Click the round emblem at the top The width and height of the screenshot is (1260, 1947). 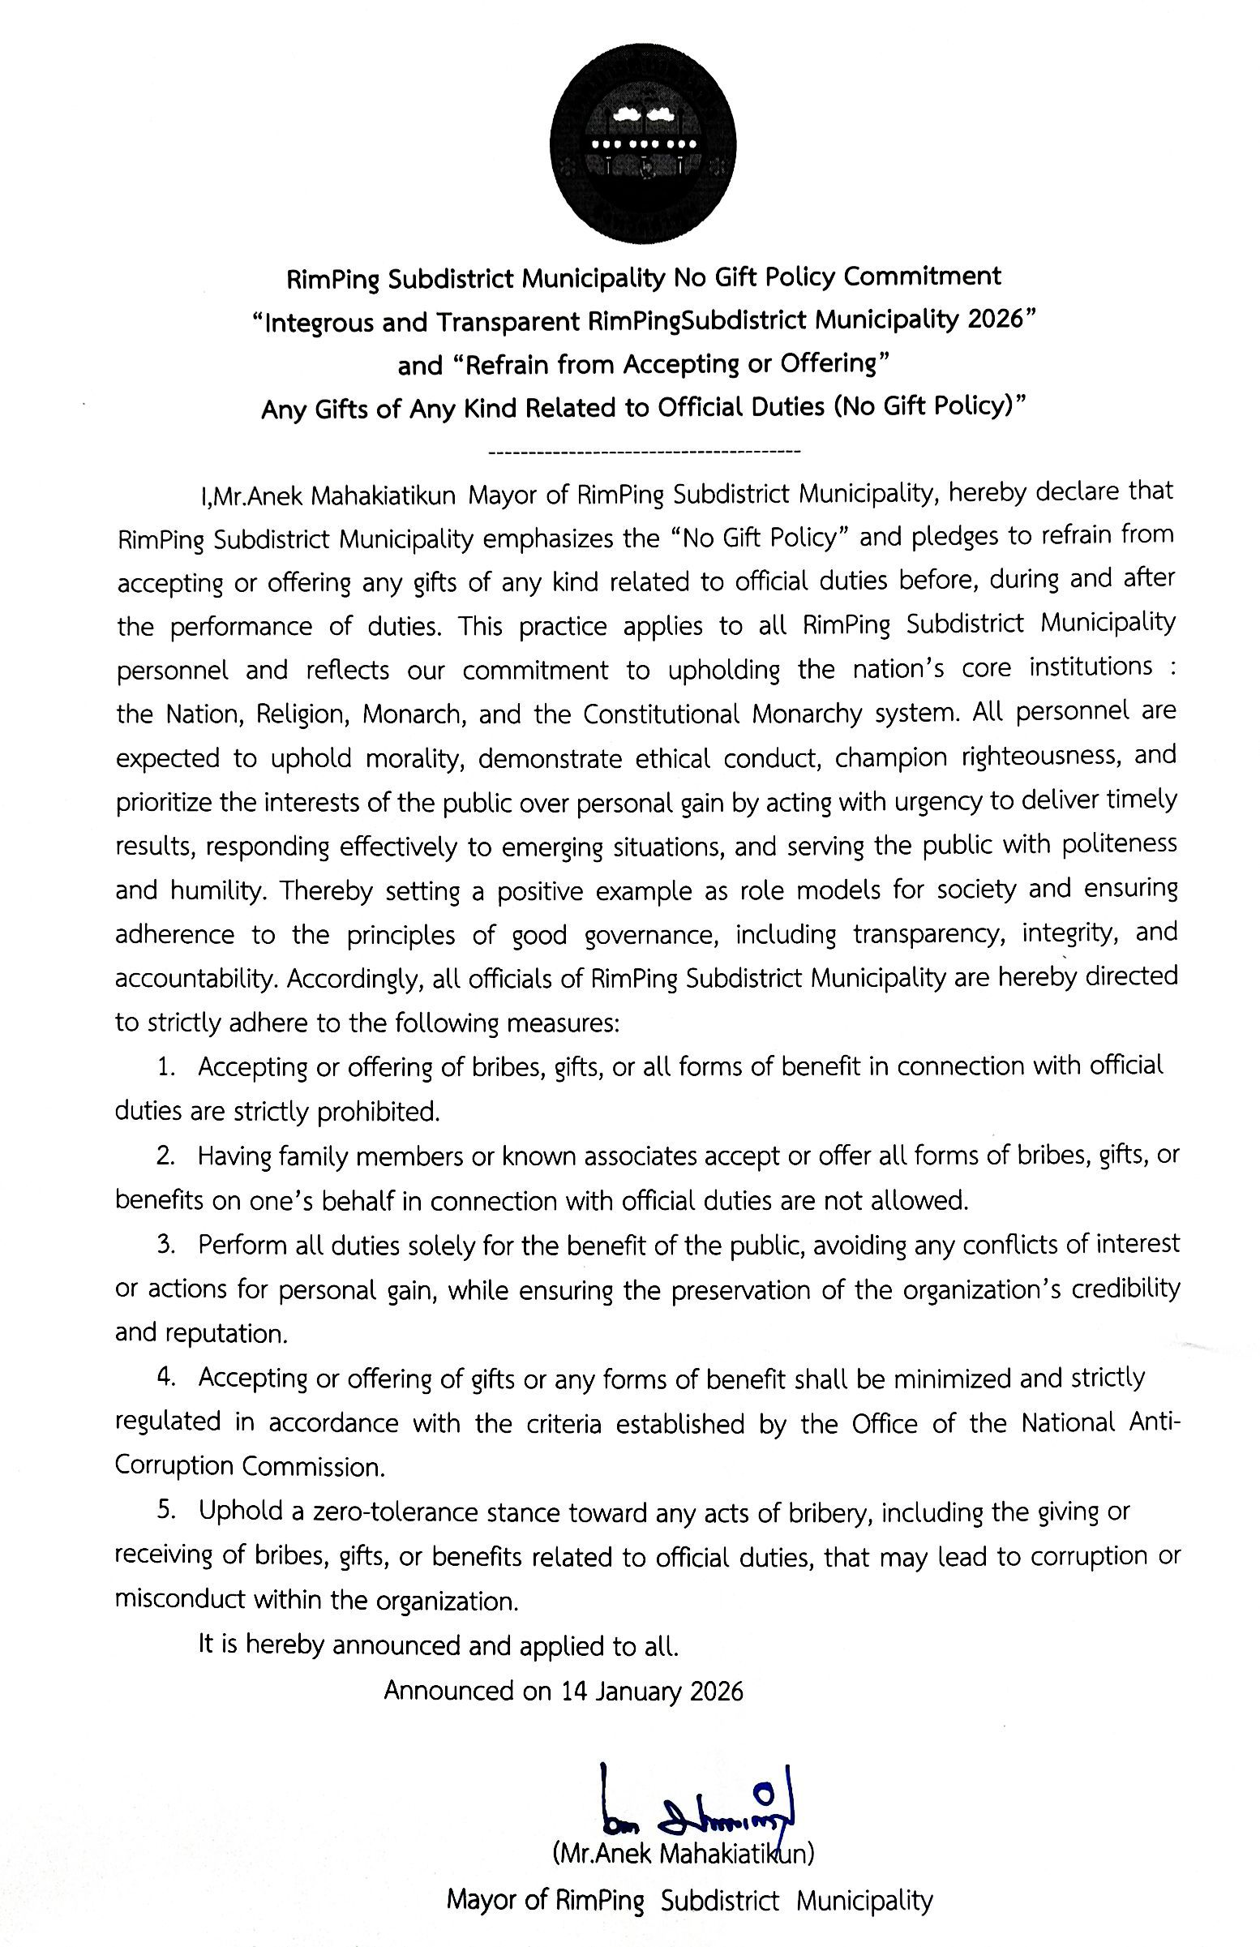click(x=643, y=144)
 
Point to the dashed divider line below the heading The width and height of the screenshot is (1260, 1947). click(x=643, y=451)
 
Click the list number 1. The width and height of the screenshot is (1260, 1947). click(x=166, y=1067)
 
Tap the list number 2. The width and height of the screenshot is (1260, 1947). click(x=166, y=1156)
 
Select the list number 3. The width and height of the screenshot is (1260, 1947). click(x=166, y=1244)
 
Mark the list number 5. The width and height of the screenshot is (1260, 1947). click(x=166, y=1510)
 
